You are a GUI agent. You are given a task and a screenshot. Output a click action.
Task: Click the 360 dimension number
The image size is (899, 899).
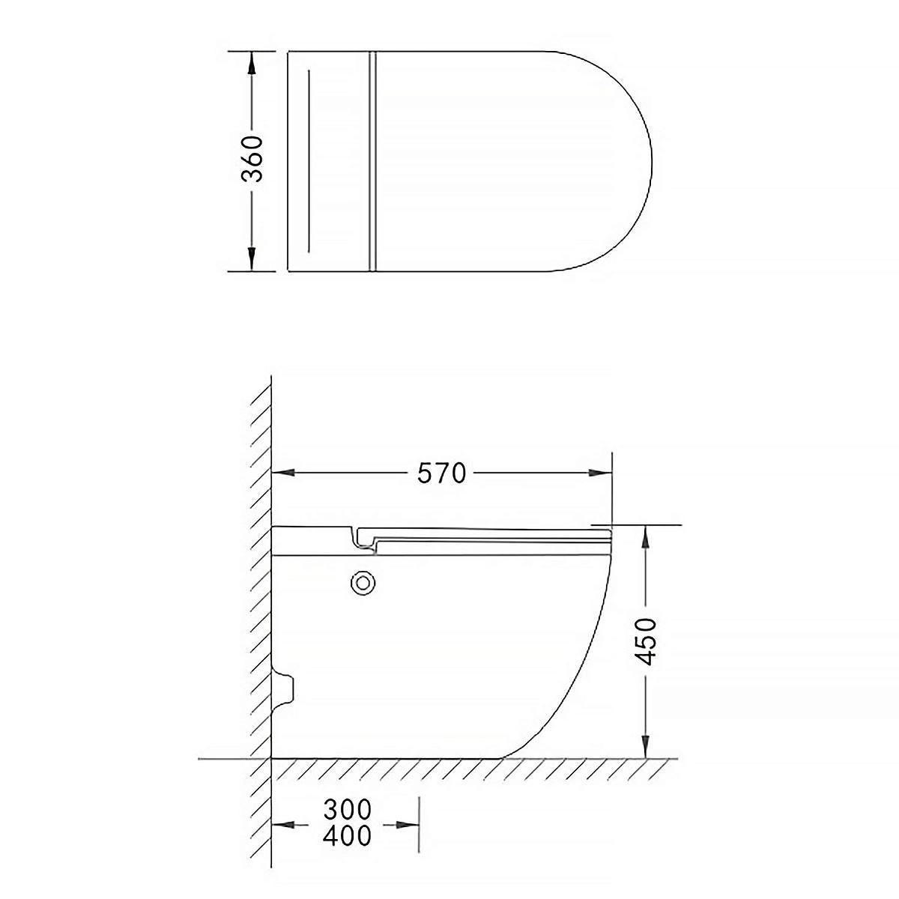[252, 159]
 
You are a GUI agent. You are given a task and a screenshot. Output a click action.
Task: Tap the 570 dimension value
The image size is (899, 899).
[441, 473]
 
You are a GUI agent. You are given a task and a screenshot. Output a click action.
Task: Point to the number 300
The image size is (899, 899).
[348, 809]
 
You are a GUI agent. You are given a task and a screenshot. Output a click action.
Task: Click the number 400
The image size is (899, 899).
[348, 835]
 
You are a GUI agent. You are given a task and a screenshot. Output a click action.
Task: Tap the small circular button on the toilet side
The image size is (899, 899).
[363, 582]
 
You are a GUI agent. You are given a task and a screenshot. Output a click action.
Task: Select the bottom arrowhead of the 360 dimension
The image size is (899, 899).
[252, 259]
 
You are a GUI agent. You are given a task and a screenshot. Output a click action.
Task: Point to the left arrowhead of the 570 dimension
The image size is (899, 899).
[283, 473]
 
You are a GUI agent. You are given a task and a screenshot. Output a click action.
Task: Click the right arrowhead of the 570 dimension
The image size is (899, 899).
[600, 473]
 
